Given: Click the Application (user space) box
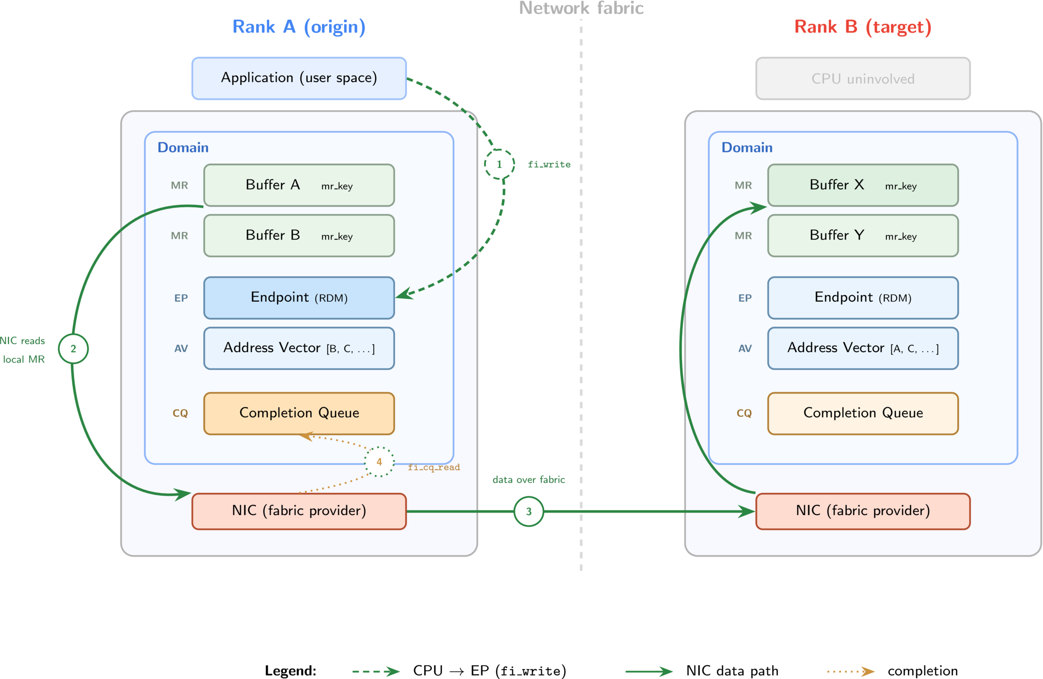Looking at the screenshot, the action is [x=299, y=78].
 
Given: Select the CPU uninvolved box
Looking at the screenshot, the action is [x=863, y=78].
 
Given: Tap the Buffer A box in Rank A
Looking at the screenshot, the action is [x=299, y=185].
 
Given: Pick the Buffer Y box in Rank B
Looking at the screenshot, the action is [x=863, y=236].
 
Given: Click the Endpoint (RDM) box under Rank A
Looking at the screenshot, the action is [x=299, y=298].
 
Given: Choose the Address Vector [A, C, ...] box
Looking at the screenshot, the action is [x=863, y=348].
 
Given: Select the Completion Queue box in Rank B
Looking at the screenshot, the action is [x=863, y=414].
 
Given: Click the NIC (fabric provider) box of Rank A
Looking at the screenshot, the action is [x=299, y=511].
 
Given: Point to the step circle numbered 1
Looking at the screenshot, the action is [x=499, y=164].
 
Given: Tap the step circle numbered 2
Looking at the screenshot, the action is [x=73, y=349].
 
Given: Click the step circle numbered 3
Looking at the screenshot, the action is [x=528, y=511].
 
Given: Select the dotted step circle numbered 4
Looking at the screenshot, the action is [x=379, y=462].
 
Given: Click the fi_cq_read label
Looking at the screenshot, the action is [x=434, y=467].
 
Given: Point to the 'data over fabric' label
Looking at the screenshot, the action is [x=528, y=479].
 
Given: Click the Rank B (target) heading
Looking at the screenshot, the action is [x=863, y=27].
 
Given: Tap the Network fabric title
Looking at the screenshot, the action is [x=581, y=8].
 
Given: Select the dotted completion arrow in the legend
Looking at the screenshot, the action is [x=851, y=672].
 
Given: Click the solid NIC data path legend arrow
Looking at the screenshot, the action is [x=649, y=672].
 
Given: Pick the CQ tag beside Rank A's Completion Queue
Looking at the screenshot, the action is [x=180, y=413].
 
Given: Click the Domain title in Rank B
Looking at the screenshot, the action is [x=747, y=148].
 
